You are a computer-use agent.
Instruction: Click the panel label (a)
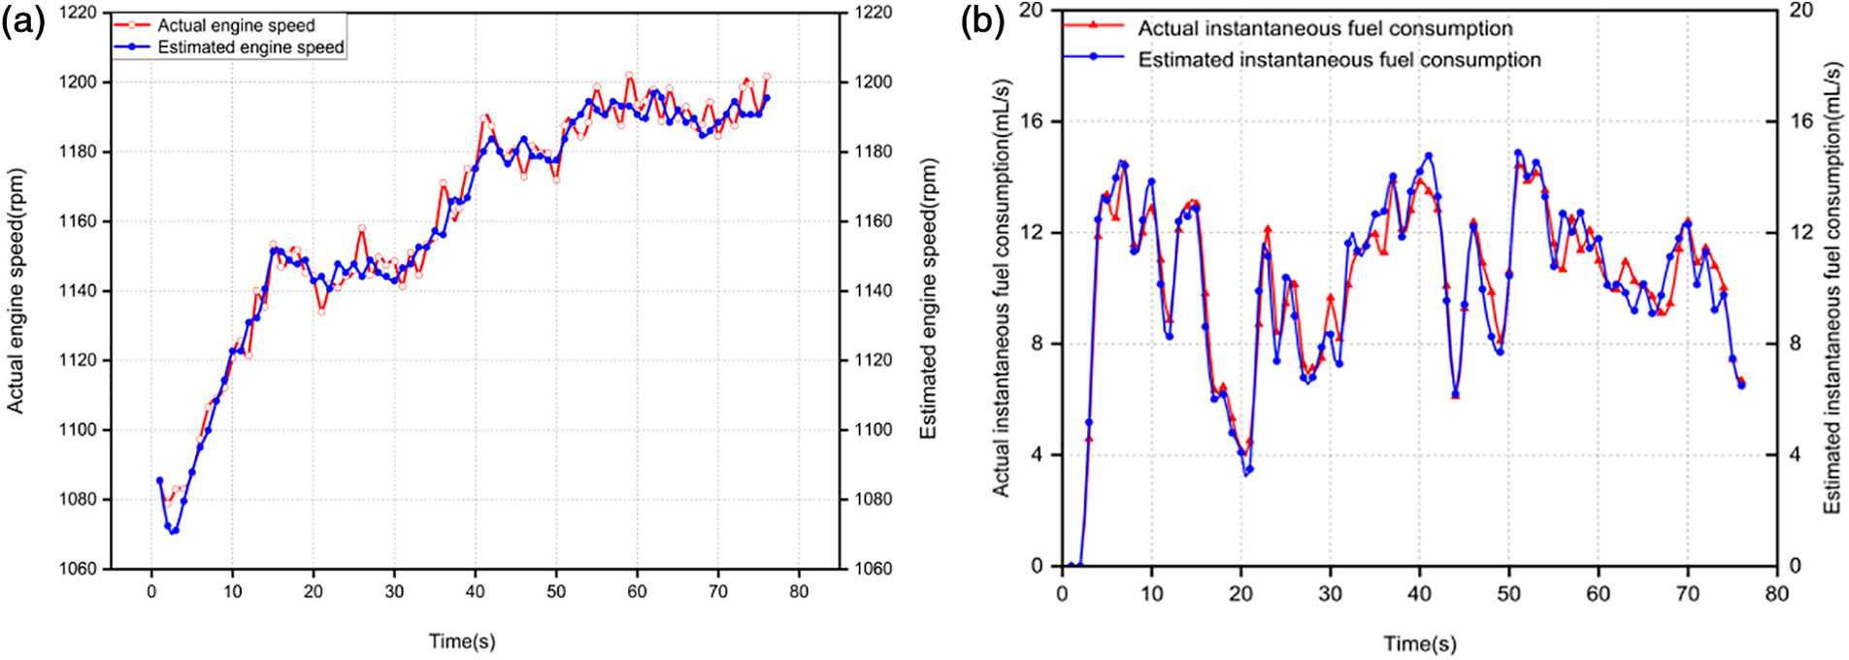click(23, 21)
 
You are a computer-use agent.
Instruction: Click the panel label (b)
click(982, 21)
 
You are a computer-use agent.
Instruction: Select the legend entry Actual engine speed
click(236, 25)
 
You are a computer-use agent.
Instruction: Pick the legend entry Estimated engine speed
click(250, 47)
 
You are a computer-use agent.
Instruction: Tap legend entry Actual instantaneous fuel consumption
click(1325, 28)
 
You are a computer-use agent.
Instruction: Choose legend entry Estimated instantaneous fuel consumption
click(1338, 59)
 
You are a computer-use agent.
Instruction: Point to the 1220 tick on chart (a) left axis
click(79, 13)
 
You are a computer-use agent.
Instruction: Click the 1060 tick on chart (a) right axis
click(874, 569)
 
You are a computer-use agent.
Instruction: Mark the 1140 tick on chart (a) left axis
click(79, 291)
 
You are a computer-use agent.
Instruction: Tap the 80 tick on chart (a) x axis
click(799, 592)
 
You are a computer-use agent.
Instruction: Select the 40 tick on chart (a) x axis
click(475, 592)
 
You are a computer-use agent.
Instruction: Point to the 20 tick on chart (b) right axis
click(1801, 11)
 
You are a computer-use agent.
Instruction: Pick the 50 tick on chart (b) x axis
click(1509, 594)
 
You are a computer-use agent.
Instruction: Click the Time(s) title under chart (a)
click(462, 642)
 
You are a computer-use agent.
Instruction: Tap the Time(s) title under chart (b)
click(1420, 643)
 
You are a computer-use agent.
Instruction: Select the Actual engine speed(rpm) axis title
click(16, 291)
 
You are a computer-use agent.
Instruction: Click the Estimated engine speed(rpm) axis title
click(929, 299)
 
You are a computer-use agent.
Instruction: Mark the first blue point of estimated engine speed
click(159, 479)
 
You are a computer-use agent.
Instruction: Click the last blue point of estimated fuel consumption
click(1741, 385)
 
